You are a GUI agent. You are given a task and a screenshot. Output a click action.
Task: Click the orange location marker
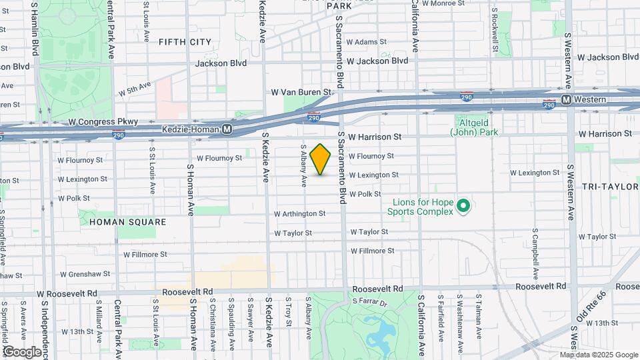click(x=321, y=159)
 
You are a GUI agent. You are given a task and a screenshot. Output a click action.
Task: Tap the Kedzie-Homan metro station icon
click(x=227, y=129)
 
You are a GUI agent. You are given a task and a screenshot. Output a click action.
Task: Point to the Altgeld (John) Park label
click(x=474, y=127)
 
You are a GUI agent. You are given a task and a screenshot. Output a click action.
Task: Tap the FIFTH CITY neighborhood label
click(x=185, y=42)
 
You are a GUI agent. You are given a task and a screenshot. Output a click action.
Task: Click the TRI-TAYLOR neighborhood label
click(x=610, y=187)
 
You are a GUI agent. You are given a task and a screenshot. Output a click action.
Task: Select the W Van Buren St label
click(x=301, y=92)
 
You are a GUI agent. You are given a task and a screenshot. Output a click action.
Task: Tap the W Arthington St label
click(x=299, y=214)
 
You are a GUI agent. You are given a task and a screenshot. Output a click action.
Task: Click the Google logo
click(x=22, y=351)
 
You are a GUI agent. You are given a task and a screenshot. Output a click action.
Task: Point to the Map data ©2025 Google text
click(x=598, y=355)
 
